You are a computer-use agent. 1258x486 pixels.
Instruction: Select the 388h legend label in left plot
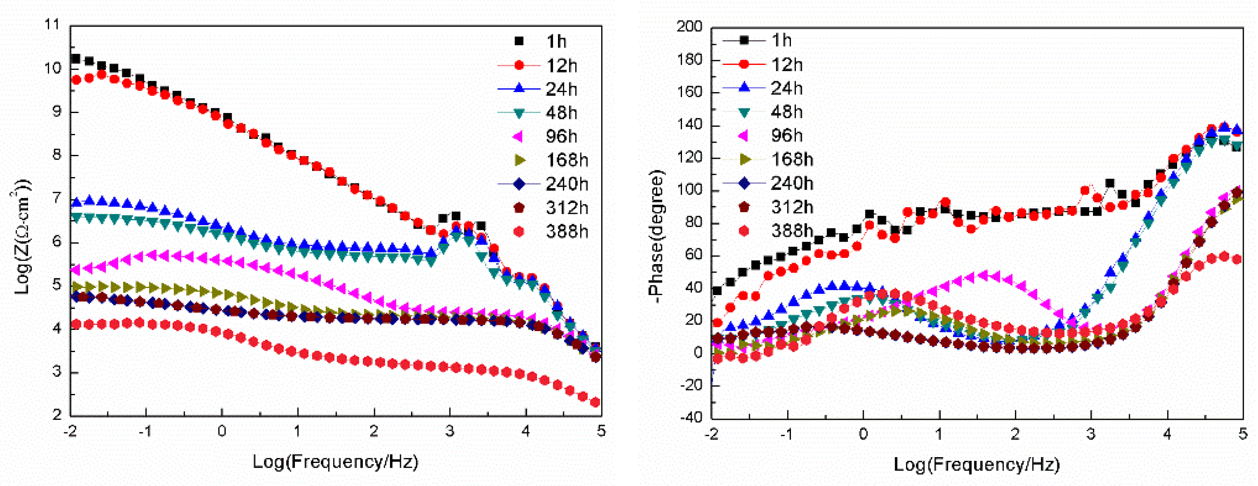tap(566, 231)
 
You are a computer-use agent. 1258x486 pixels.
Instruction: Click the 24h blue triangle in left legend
tap(519, 88)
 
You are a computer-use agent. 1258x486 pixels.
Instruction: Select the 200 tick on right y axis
tap(689, 26)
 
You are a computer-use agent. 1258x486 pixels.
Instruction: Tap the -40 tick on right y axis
tap(690, 418)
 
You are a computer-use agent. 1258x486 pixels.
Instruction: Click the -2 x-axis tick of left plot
tap(70, 431)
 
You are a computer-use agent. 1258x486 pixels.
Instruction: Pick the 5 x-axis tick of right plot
tap(1243, 433)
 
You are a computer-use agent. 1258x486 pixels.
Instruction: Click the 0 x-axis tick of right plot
tap(863, 433)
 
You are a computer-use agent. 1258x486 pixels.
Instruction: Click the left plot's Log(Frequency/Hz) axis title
tap(336, 461)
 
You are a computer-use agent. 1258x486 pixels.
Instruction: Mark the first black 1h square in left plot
tap(76, 59)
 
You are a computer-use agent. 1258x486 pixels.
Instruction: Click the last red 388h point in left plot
tap(595, 403)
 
